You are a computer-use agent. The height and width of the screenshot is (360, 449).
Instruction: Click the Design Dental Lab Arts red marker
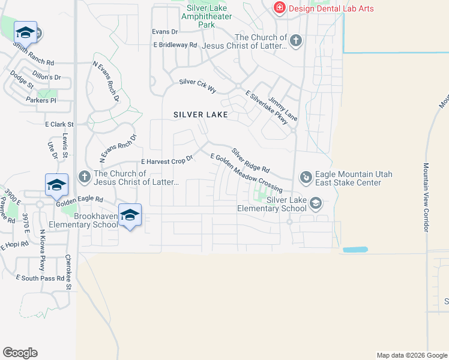(x=279, y=8)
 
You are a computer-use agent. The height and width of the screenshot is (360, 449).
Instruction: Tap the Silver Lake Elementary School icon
(x=315, y=204)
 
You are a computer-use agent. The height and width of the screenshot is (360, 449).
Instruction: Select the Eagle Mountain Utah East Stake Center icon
(x=306, y=176)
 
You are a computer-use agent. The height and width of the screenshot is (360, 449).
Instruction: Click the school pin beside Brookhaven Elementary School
(x=130, y=215)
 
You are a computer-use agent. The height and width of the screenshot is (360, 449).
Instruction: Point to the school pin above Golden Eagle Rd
(x=56, y=185)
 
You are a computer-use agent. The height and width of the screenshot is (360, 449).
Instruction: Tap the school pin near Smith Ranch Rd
(x=25, y=32)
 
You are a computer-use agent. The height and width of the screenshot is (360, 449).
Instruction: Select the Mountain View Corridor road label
(x=426, y=198)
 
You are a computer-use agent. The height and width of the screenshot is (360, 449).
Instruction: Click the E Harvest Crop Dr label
(x=166, y=161)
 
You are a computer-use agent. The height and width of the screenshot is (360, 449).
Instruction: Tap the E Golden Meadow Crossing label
(x=246, y=173)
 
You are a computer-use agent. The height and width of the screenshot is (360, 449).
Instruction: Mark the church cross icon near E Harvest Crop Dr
(x=85, y=176)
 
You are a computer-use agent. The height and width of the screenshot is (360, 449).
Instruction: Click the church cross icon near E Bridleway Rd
(x=295, y=41)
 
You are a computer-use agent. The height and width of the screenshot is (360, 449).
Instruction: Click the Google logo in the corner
(x=20, y=353)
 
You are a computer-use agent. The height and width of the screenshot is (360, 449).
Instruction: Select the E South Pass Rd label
(x=40, y=278)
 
